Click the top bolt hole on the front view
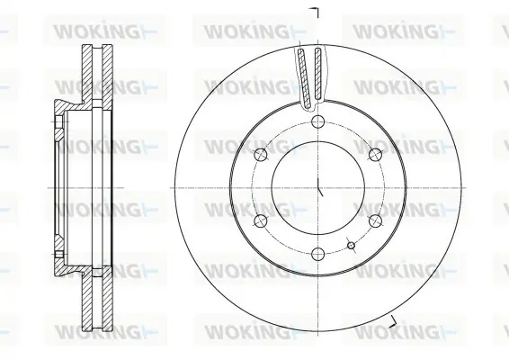coord(317,121)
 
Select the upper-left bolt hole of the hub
coord(261,155)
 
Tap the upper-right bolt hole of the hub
coord(375,155)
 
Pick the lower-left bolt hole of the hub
coord(261,220)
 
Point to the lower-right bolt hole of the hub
coord(375,220)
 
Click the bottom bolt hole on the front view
coord(317,254)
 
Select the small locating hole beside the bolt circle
coord(351,246)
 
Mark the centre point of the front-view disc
coord(317,188)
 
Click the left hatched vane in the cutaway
coord(305,77)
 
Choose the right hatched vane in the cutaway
coord(318,74)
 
